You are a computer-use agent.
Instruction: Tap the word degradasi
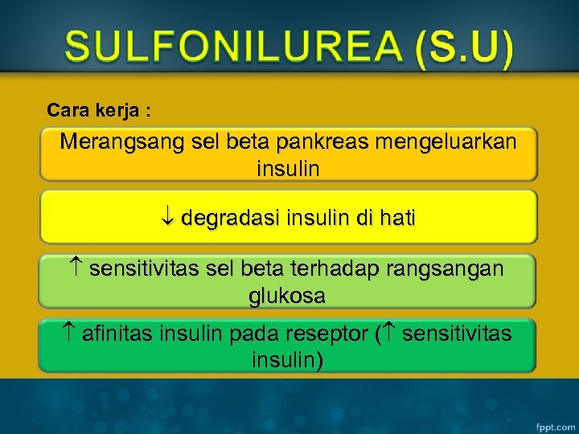(x=230, y=218)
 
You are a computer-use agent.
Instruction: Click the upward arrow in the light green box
(x=75, y=268)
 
